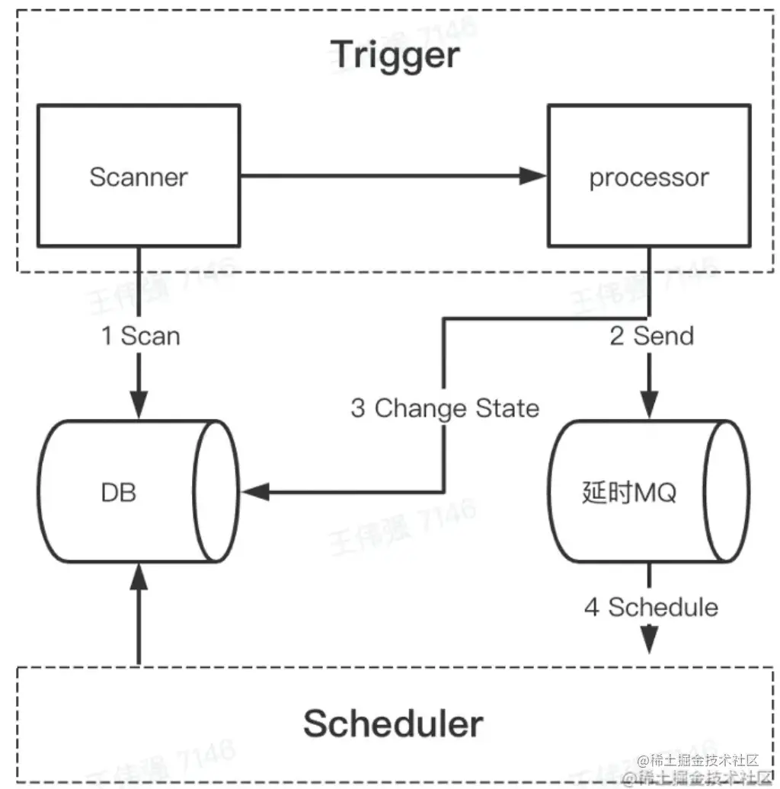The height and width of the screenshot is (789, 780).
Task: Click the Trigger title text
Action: (395, 55)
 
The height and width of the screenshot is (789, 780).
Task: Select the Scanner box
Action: (138, 176)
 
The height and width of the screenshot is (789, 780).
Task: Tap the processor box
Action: (649, 176)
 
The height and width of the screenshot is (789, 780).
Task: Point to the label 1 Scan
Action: (141, 336)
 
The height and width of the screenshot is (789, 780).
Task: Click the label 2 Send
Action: (652, 336)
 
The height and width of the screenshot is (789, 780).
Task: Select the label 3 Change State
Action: (445, 408)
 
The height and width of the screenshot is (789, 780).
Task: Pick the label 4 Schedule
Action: (651, 607)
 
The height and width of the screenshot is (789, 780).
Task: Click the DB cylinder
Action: (138, 492)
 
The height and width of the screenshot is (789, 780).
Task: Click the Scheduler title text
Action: (393, 723)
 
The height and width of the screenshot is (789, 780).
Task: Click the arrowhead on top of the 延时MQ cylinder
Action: (649, 405)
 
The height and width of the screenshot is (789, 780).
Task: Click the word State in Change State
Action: (507, 408)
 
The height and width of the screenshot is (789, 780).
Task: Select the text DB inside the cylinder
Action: (119, 492)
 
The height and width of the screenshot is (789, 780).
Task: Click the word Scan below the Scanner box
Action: (151, 336)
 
